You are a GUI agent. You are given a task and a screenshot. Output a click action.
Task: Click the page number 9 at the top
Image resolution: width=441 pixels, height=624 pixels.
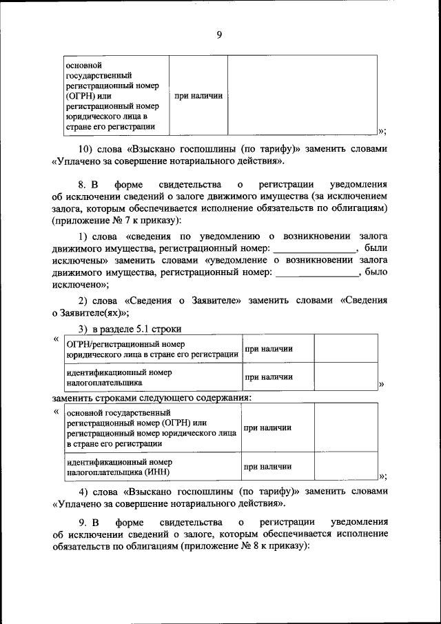[219, 35]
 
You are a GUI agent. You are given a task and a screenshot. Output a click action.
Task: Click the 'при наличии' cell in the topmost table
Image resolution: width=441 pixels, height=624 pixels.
[198, 96]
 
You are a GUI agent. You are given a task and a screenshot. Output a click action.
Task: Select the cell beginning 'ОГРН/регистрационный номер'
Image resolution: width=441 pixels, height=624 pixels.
[152, 349]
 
